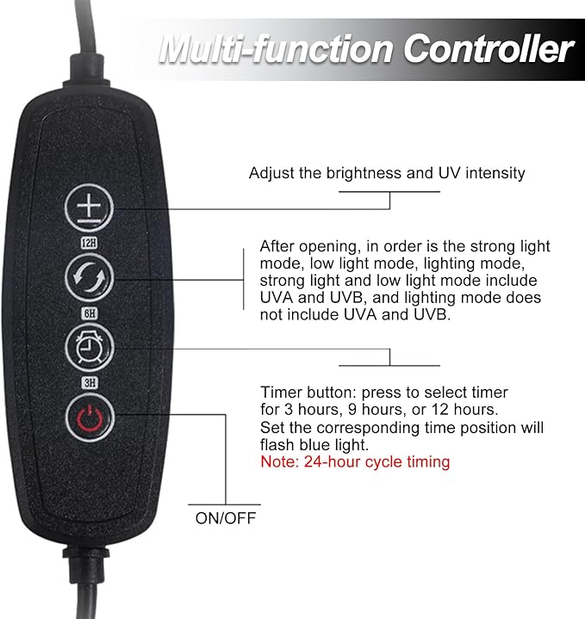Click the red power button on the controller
coord(90,418)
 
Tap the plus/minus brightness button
coord(90,207)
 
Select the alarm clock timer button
coord(90,348)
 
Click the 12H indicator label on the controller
coord(89,243)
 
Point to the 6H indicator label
coord(90,313)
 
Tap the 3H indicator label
coord(90,382)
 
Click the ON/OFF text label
coord(226,518)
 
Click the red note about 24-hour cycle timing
coord(355,461)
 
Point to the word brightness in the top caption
coord(364,173)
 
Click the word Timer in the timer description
coord(281,393)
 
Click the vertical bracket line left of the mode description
coord(243,279)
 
